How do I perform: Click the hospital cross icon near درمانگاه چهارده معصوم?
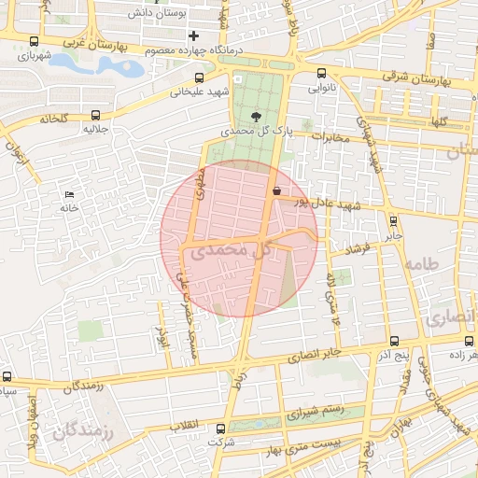tap(193, 35)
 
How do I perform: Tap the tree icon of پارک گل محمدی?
tap(257, 117)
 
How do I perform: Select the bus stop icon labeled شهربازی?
tap(35, 41)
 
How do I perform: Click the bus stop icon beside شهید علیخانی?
tap(199, 79)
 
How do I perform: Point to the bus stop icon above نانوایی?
tap(322, 73)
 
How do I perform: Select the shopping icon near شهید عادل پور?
tap(275, 190)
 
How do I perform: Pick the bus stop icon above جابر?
tap(392, 221)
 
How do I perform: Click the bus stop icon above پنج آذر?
tap(395, 342)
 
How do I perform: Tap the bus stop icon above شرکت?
tap(221, 429)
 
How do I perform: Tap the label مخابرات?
tap(330, 137)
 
